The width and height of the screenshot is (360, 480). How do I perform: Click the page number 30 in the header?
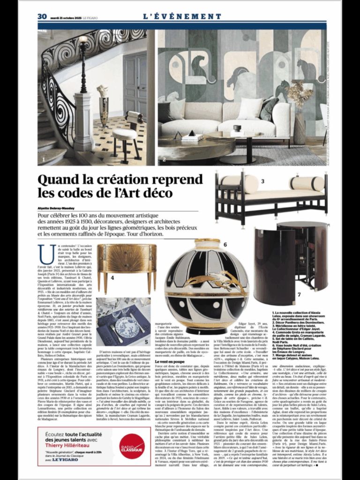tap(42, 16)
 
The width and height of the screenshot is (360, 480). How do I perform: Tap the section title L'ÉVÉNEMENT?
tap(182, 16)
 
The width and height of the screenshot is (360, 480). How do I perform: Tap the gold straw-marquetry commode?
tap(126, 265)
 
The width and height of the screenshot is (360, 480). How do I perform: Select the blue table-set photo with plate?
tap(123, 322)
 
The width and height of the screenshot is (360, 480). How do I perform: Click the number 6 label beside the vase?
tap(225, 244)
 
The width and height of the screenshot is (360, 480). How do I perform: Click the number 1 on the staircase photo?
tap(44, 160)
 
